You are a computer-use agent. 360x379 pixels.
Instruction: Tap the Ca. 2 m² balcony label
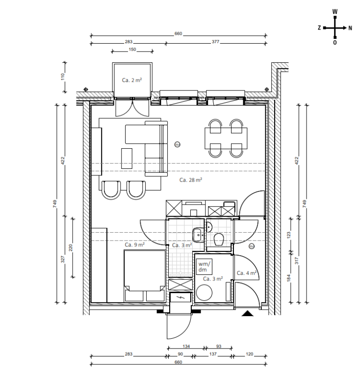pyautogui.click(x=132, y=80)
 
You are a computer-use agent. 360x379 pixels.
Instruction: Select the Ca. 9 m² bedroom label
pyautogui.click(x=134, y=244)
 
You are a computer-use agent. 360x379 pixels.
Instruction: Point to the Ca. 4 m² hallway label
pyautogui.click(x=246, y=273)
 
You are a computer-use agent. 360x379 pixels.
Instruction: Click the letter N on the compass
pyautogui.click(x=350, y=28)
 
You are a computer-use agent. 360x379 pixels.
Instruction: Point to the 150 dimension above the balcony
pyautogui.click(x=133, y=50)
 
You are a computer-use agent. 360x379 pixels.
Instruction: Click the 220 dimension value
pyautogui.click(x=71, y=248)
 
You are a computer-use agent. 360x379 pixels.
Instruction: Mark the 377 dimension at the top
pyautogui.click(x=216, y=42)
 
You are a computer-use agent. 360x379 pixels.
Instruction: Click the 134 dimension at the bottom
pyautogui.click(x=186, y=347)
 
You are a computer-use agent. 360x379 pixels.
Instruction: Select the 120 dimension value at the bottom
pyautogui.click(x=249, y=355)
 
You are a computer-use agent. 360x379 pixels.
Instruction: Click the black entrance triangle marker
pyautogui.click(x=247, y=313)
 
